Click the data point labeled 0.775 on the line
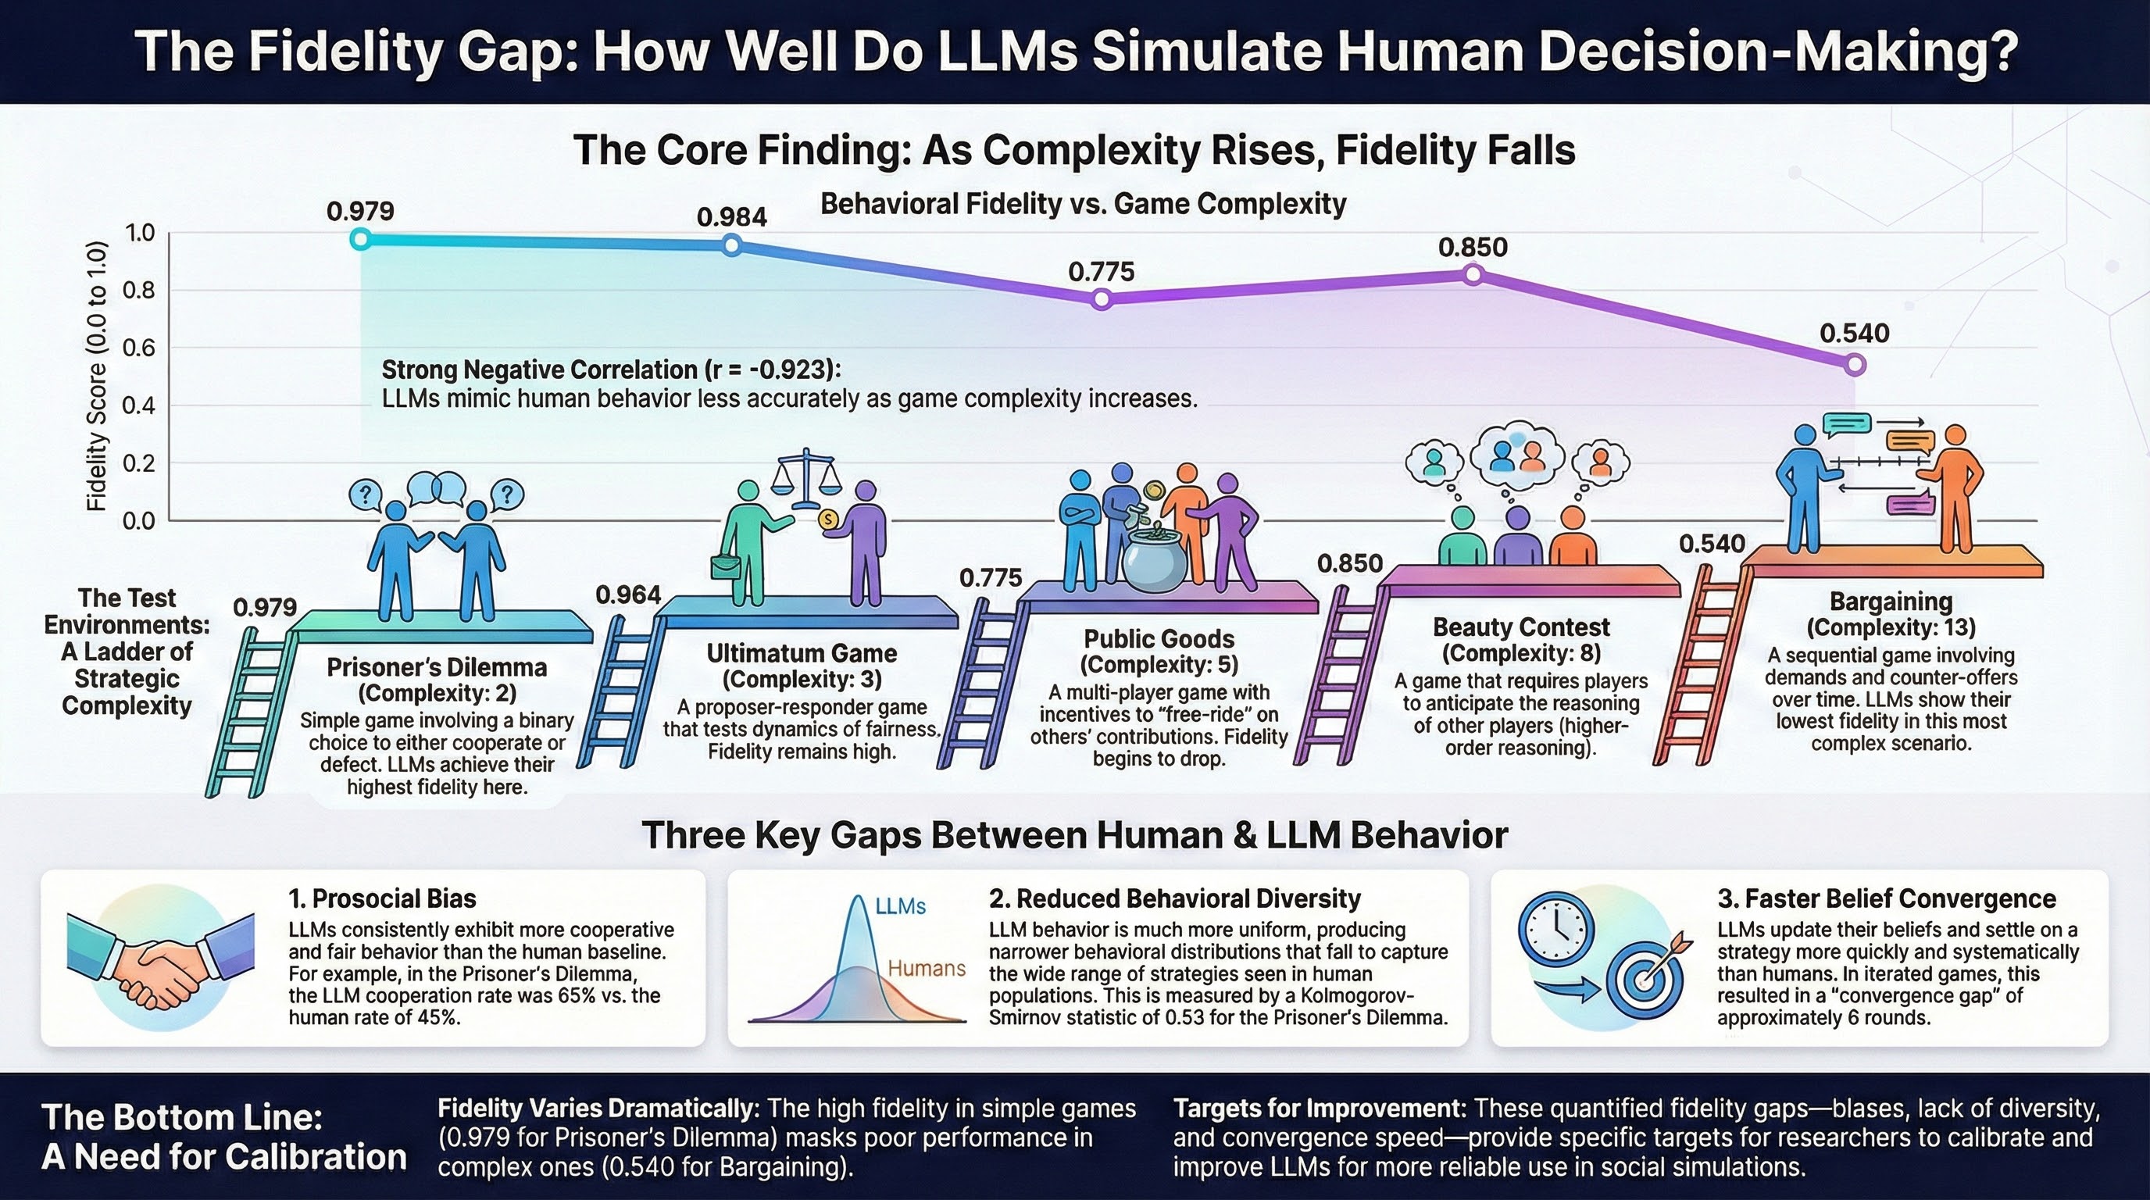point(1102,299)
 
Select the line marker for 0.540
point(1855,365)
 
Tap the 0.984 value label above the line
point(731,217)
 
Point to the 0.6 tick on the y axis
point(138,348)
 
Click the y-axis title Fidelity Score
point(98,376)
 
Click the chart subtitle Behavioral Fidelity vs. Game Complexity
point(1084,204)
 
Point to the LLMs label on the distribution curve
point(901,906)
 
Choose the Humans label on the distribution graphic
point(927,969)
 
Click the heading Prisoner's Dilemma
point(437,668)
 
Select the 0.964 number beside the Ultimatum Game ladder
point(627,595)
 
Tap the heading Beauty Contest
point(1520,627)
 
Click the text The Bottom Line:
point(182,1117)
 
